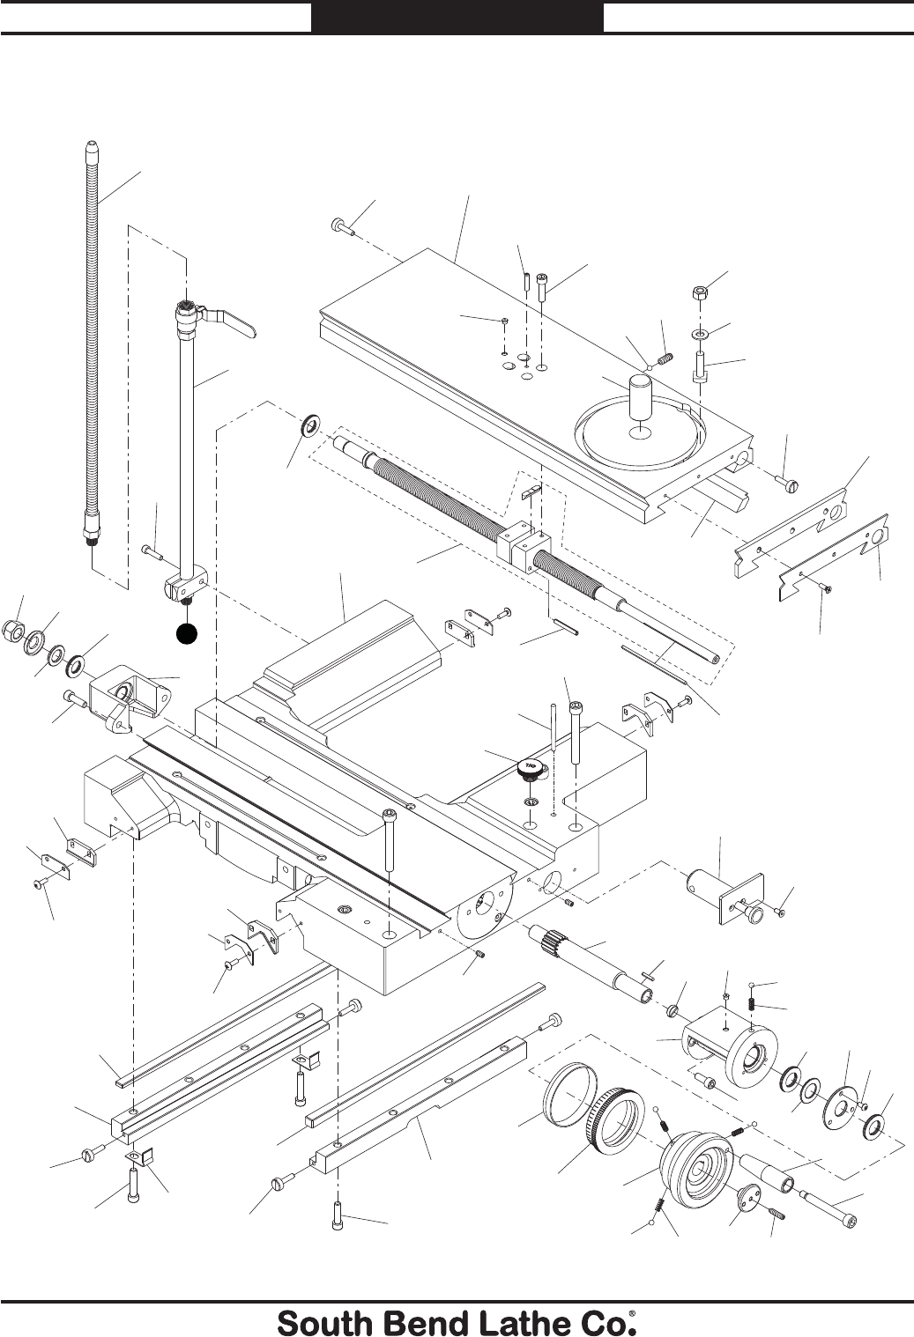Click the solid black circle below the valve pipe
[185, 632]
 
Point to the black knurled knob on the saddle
[529, 767]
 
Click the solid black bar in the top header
[457, 18]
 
